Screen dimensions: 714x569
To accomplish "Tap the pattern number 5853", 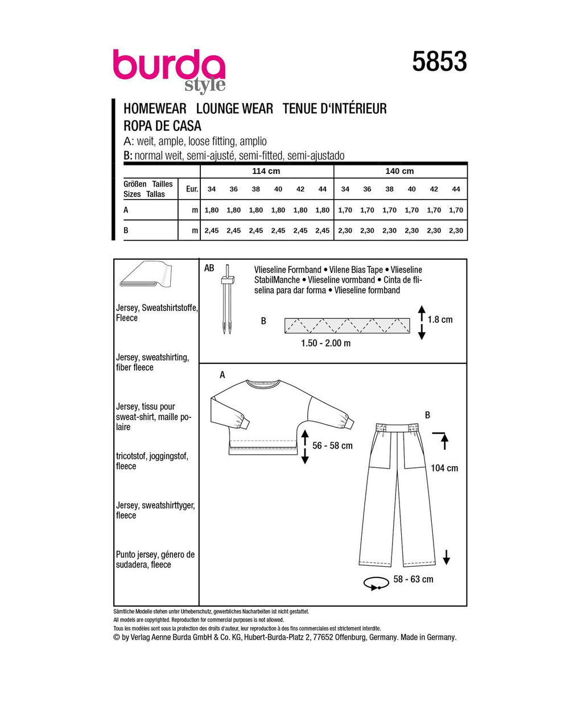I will (x=439, y=61).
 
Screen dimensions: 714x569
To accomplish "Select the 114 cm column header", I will (x=266, y=171).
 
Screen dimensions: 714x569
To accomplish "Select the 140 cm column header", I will (x=400, y=171).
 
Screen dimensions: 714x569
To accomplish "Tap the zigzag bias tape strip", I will (x=347, y=326).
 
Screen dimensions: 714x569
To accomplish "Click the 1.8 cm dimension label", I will (x=440, y=319).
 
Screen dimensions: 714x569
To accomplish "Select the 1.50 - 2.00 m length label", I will (x=326, y=343).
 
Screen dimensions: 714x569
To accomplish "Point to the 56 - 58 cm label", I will (x=332, y=446).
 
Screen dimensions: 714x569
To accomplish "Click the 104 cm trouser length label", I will (x=444, y=468).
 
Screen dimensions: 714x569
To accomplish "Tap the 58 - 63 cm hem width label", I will (x=413, y=579).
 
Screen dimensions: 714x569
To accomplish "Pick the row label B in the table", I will (x=126, y=230).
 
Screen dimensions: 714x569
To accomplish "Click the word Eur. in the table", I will (x=192, y=189).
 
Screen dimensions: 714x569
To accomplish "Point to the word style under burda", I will (x=205, y=86).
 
